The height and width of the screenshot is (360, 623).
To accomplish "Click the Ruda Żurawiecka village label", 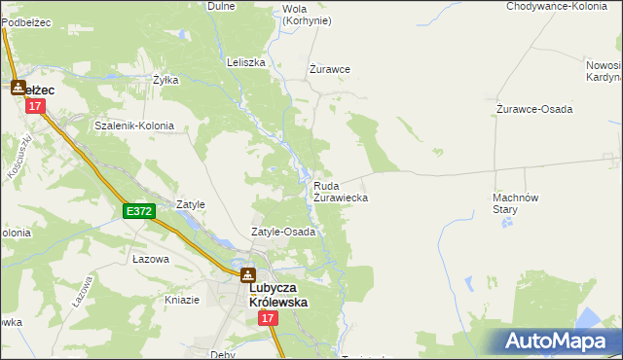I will click(340, 191).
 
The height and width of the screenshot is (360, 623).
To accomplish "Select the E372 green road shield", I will click(138, 210).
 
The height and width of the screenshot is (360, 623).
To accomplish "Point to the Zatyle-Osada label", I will click(283, 233).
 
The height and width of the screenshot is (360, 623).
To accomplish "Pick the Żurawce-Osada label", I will click(534, 109).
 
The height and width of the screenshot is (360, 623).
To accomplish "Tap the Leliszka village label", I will click(246, 62).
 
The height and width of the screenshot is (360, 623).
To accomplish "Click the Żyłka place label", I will click(165, 81).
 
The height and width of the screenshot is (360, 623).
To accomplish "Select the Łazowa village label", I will click(151, 260).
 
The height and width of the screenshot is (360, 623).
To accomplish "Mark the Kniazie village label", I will click(182, 300).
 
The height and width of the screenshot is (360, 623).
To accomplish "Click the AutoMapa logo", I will click(556, 340).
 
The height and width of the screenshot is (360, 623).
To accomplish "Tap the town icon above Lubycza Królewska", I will click(248, 275).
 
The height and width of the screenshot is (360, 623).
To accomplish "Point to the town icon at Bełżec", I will click(18, 89).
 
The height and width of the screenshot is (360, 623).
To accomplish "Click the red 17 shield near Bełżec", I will click(36, 106).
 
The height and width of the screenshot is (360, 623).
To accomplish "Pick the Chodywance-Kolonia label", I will click(558, 6).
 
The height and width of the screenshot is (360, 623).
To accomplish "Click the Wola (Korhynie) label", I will click(306, 15).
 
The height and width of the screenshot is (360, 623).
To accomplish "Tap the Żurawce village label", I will click(329, 69).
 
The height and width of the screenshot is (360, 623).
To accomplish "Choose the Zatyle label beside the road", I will click(191, 205).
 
